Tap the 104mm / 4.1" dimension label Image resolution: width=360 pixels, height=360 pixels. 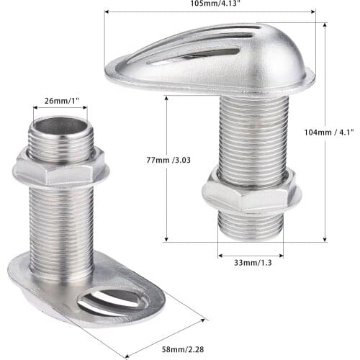pos(328,132)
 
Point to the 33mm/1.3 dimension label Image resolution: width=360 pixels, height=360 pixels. pos(250,264)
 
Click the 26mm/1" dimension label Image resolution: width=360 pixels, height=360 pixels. pos(60,100)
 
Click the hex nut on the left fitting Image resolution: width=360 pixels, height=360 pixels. pos(60,168)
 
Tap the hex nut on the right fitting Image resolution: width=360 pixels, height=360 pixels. pos(250,191)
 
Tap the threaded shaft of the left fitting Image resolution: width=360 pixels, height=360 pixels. pos(61,223)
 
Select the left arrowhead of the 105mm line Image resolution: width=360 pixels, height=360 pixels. pos(107,12)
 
